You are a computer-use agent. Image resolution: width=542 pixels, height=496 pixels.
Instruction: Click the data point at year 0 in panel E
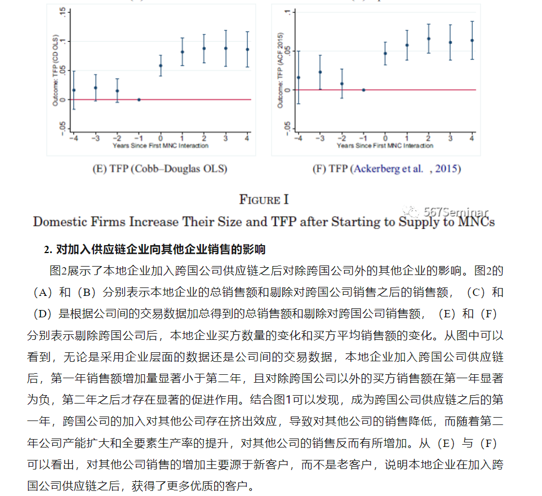coord(161,65)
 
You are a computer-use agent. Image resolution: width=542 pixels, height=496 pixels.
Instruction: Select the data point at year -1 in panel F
coord(363,90)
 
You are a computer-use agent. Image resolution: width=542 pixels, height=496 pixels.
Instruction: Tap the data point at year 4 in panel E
coord(247,50)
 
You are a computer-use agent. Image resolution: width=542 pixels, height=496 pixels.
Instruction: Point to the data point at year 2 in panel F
coord(429,39)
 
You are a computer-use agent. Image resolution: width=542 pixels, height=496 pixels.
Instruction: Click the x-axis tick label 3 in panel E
coord(226,138)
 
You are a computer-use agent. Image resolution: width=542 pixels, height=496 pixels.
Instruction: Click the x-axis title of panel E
coord(160,146)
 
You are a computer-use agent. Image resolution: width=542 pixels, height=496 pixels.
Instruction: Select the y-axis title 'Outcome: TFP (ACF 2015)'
coord(280,71)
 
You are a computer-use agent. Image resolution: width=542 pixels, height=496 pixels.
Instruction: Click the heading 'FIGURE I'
coord(264,200)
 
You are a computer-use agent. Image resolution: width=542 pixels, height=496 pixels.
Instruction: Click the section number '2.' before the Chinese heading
coord(48,249)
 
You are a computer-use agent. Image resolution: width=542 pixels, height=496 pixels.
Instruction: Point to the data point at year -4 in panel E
coord(73,90)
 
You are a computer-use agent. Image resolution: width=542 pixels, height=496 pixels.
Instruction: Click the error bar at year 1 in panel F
coord(407,45)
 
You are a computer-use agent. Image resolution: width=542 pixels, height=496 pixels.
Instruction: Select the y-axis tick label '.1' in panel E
coord(63,41)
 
